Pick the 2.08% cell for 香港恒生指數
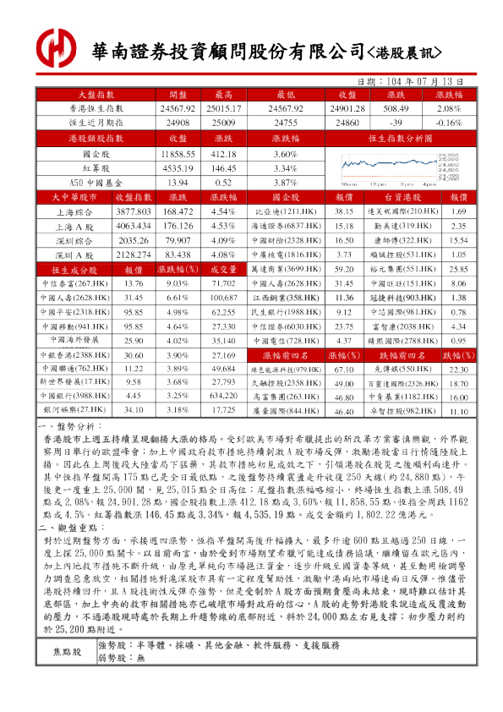point(447,109)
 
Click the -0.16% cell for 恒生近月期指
point(447,123)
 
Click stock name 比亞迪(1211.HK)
point(282,211)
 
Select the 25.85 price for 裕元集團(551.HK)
point(458,269)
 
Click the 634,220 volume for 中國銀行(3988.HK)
point(223,394)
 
